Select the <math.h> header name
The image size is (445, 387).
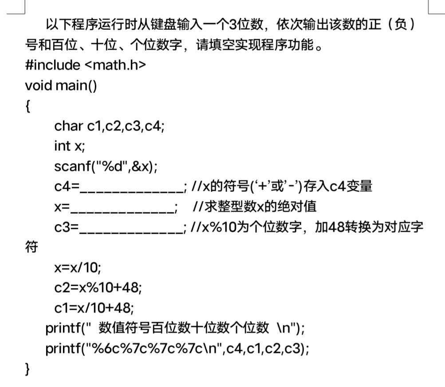[114, 65]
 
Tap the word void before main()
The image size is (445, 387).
[38, 85]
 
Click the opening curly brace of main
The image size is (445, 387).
[28, 106]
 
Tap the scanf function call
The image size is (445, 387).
[106, 167]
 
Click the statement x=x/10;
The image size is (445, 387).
[78, 267]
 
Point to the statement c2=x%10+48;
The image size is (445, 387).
[98, 288]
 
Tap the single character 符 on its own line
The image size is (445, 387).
[31, 247]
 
